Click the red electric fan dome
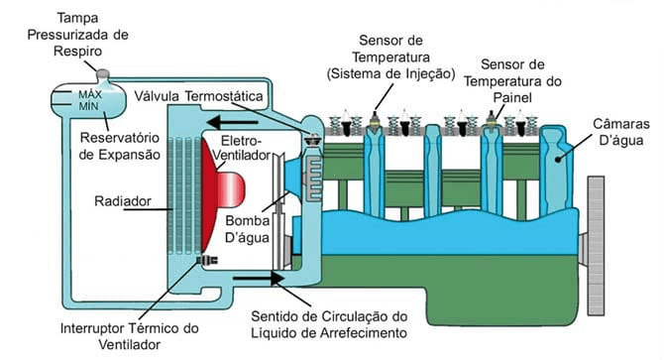click(x=221, y=192)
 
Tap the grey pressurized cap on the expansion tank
click(x=102, y=75)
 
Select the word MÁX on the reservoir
click(x=90, y=94)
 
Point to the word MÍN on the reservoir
click(x=88, y=106)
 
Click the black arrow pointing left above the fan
click(x=233, y=122)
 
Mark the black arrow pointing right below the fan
click(x=259, y=279)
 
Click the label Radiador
click(x=122, y=200)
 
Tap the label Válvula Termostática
click(x=198, y=96)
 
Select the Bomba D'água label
click(x=248, y=229)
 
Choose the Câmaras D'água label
click(x=620, y=132)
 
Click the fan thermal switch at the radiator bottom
click(x=207, y=259)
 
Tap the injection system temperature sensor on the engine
click(x=374, y=119)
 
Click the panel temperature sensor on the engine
click(x=492, y=119)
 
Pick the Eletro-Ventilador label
click(x=242, y=148)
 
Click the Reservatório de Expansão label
click(x=120, y=146)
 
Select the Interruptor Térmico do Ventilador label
click(x=130, y=336)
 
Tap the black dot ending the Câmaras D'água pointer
click(x=558, y=160)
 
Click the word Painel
click(x=512, y=98)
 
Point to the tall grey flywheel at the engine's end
click(x=596, y=246)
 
